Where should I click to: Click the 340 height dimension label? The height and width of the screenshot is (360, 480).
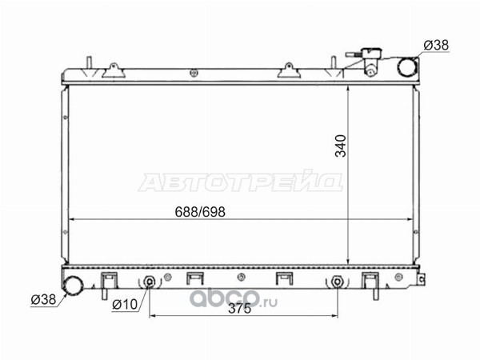pos(341,146)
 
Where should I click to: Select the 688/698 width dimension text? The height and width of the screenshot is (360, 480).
pos(200,212)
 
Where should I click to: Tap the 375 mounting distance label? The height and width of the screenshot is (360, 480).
pos(240,309)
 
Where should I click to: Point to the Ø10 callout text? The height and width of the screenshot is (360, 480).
pos(125,304)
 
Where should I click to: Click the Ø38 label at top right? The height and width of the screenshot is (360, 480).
pos(436,46)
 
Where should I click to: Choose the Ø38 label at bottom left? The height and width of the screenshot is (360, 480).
pos(43,299)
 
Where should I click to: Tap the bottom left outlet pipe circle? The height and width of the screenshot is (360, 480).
pos(73,286)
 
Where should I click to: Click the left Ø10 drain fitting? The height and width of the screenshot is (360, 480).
pos(150,282)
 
